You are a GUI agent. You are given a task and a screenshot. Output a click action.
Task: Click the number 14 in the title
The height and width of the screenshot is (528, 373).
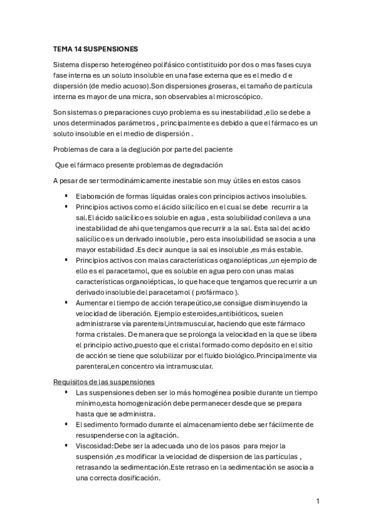click(x=80, y=47)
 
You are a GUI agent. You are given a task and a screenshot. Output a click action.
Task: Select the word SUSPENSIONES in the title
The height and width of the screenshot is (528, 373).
click(x=112, y=47)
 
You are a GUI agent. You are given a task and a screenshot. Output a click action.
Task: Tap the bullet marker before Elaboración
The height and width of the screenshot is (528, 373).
click(x=65, y=196)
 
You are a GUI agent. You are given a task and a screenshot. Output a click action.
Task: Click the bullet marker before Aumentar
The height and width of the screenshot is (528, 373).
click(x=65, y=303)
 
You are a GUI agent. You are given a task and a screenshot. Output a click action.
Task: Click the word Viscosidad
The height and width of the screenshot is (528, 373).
click(x=93, y=446)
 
